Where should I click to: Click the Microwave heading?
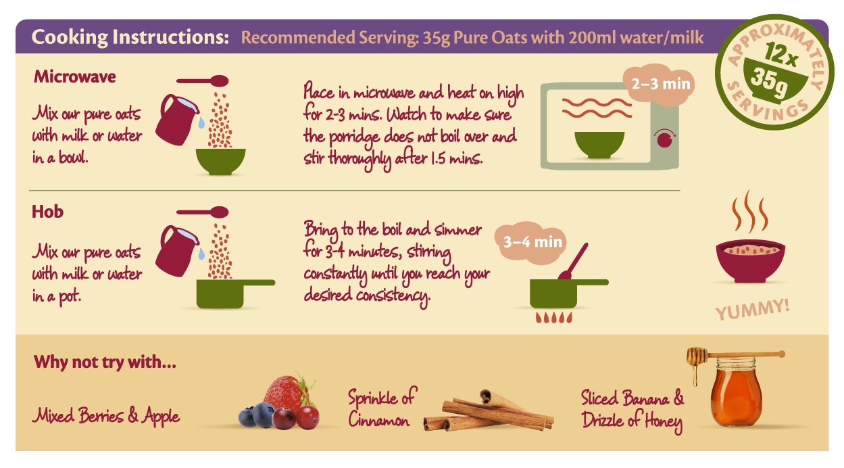(74, 76)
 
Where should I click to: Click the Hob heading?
(47, 212)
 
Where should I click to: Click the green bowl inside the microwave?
(599, 145)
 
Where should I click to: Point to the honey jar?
(737, 392)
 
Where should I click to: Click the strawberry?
(287, 393)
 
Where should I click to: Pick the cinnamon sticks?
(489, 412)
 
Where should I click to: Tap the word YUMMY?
(753, 310)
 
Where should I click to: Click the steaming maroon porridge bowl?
(751, 260)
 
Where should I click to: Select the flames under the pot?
(554, 318)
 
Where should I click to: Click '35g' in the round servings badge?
(768, 84)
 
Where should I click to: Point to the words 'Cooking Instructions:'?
(130, 37)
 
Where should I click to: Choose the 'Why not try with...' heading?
(105, 362)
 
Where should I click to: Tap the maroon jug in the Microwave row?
(176, 120)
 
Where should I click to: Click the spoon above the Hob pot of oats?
(202, 212)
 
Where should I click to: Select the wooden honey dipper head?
(696, 356)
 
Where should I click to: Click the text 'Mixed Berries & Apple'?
(106, 416)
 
